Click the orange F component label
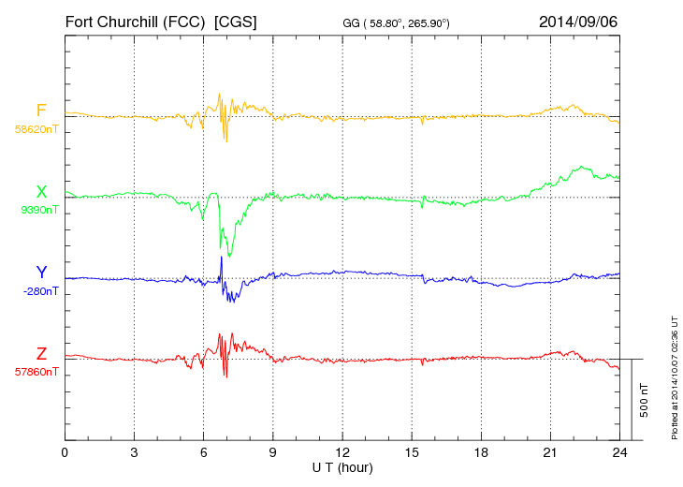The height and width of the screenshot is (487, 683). point(41,111)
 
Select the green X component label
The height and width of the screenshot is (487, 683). point(41,192)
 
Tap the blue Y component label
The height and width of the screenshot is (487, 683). point(41,273)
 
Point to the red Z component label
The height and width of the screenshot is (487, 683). point(41,354)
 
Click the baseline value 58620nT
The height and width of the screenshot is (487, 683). point(36,129)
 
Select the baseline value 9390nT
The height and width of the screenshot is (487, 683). point(38,210)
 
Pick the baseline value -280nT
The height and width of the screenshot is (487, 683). point(39,291)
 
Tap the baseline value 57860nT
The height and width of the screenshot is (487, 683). point(36,372)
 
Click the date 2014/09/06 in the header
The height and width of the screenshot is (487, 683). point(577,21)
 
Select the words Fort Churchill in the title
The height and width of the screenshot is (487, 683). point(111,21)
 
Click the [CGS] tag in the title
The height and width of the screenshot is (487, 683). point(236,21)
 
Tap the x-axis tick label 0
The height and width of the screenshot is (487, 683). point(65,452)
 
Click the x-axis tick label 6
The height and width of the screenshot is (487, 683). point(203,452)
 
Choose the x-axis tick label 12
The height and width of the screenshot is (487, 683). point(342,452)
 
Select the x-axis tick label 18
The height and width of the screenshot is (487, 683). point(481,452)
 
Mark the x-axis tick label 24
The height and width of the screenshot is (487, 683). point(619,452)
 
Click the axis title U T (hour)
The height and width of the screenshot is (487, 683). point(342,466)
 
